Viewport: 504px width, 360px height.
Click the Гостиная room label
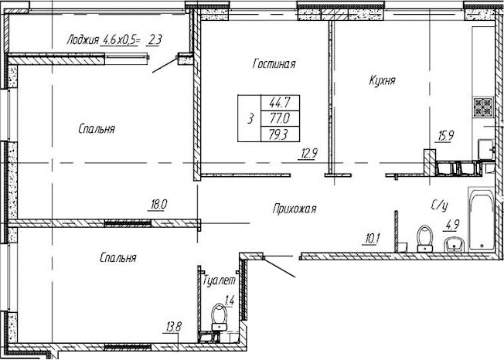[x=274, y=63]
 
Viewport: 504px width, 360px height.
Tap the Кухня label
[x=382, y=81]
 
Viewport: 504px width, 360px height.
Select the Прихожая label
[x=295, y=209]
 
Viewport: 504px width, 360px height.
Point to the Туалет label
[x=219, y=280]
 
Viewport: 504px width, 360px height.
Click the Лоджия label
[x=83, y=40]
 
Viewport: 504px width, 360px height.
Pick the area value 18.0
[x=158, y=205]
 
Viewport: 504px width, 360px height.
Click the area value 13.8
[x=174, y=328]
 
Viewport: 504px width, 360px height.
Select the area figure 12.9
[x=309, y=154]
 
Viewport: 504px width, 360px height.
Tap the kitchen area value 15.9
[x=445, y=136]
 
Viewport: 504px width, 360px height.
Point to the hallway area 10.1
[x=373, y=239]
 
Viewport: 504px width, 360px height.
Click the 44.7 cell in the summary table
[x=280, y=103]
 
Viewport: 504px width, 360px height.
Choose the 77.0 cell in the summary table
[x=280, y=118]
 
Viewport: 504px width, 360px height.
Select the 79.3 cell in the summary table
[x=280, y=134]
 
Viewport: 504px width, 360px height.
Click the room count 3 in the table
[x=250, y=118]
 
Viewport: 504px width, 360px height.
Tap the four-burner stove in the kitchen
[x=483, y=107]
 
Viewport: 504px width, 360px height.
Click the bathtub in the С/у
[x=481, y=219]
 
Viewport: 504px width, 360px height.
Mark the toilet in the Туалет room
[x=220, y=317]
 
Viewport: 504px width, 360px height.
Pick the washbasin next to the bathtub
[x=455, y=246]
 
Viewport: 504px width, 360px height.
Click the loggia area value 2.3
[x=155, y=40]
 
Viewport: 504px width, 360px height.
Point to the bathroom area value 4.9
[x=452, y=225]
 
